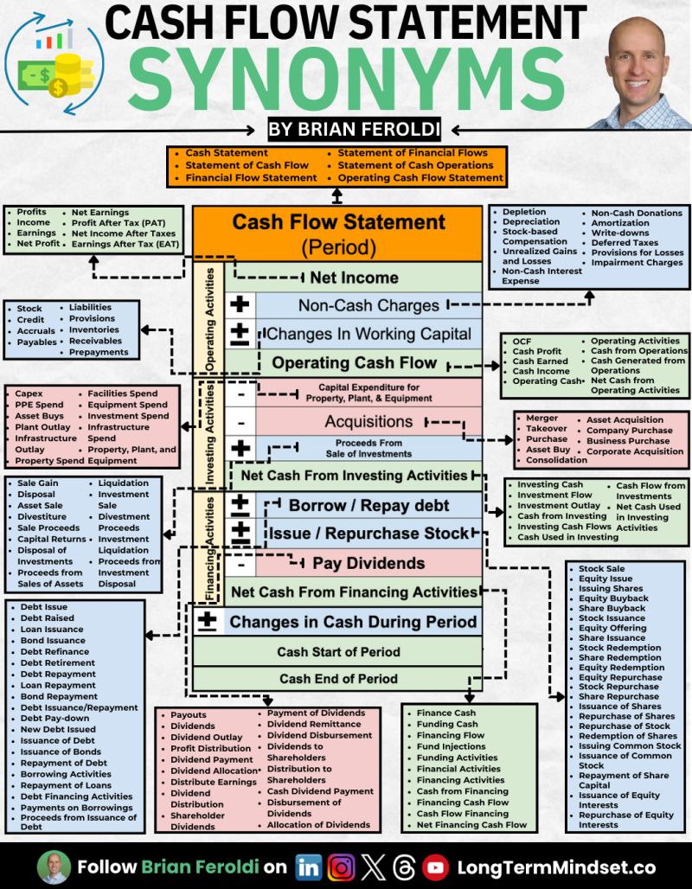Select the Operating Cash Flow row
coord(355,362)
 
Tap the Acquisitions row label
coord(368,421)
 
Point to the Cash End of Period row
coord(338,679)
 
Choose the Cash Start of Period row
coord(338,651)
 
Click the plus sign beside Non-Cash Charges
coord(240,305)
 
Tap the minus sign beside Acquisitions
coord(241,422)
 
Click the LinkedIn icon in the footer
coord(307,867)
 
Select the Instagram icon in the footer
coord(342,867)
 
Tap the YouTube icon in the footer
coord(435,867)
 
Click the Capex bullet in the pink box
coord(29,394)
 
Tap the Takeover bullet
coord(547,429)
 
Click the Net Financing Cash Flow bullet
coord(471,825)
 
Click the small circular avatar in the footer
coord(54,867)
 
